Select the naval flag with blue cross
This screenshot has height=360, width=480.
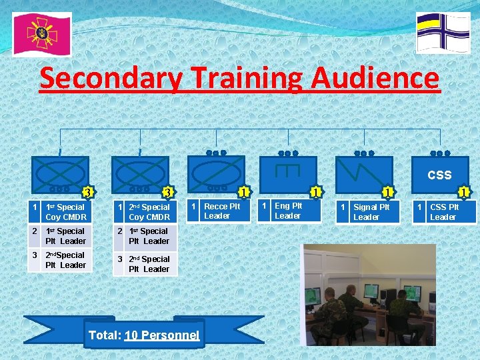point(443,32)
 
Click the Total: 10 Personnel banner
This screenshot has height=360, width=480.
point(144,335)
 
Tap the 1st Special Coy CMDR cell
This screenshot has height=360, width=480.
point(65,212)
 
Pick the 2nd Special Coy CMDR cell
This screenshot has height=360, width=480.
point(149,212)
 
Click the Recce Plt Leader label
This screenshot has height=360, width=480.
point(221,211)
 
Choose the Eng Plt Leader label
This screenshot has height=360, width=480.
point(288,211)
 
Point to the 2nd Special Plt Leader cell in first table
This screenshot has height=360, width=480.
point(65,260)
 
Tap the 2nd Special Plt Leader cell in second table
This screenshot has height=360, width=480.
point(149,264)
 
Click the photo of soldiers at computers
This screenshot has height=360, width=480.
point(370,294)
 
